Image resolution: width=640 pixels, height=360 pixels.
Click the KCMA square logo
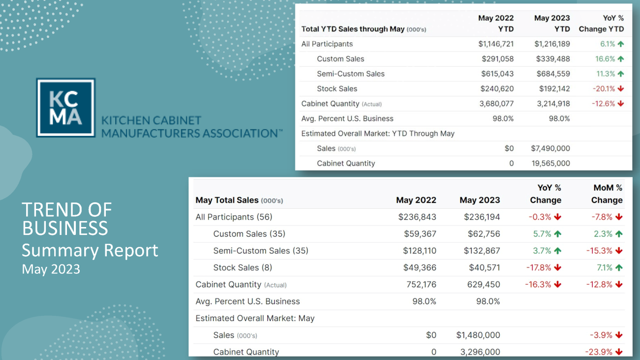pos(65,107)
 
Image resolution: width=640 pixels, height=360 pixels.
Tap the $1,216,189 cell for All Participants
pos(552,44)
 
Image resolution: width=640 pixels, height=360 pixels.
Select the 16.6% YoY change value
pos(605,59)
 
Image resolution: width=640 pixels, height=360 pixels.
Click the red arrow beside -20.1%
pos(620,89)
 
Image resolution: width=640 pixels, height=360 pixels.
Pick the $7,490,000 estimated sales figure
pos(550,148)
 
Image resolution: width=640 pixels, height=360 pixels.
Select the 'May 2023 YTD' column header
pos(552,23)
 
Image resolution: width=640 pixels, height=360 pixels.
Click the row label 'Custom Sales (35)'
pos(249,234)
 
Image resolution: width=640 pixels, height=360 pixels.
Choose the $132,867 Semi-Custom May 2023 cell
pos(481,251)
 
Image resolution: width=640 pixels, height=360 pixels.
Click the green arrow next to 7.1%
pos(619,267)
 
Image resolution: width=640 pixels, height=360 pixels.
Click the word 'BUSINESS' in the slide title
pos(65,228)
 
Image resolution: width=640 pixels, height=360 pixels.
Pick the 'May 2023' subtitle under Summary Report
pos(51,269)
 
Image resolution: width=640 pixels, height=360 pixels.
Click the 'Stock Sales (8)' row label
pos(243,267)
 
